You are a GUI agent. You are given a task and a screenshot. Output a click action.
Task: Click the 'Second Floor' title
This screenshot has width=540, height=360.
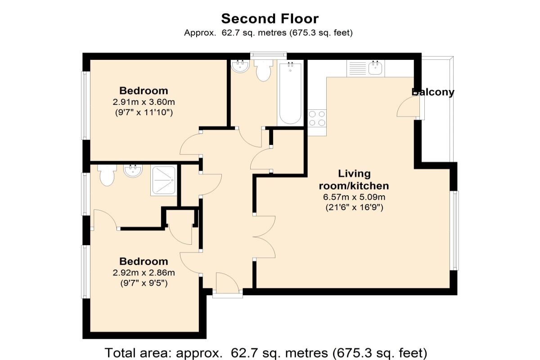point(270,19)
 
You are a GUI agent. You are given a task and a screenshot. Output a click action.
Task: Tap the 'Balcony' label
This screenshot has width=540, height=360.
point(433,92)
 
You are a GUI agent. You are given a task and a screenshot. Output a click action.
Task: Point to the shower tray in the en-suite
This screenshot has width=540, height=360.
point(164,180)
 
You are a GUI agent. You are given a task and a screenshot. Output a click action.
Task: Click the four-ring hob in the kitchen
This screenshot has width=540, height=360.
point(317,118)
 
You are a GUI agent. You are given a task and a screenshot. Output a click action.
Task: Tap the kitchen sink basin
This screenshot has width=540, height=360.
point(375,68)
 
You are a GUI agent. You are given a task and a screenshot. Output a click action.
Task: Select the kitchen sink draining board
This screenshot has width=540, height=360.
point(358,68)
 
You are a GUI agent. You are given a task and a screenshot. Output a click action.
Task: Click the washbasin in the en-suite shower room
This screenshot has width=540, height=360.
point(133,170)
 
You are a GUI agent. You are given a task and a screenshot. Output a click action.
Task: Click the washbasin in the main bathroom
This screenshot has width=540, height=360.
point(240,66)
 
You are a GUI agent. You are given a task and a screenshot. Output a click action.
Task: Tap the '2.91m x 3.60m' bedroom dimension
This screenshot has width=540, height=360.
point(144,102)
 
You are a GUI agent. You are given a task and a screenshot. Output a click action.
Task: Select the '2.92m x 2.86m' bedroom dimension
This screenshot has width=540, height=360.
point(144,273)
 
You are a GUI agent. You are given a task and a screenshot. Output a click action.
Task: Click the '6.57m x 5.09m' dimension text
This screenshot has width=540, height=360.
point(354,197)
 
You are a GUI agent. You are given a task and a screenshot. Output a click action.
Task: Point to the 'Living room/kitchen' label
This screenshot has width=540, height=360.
point(354,180)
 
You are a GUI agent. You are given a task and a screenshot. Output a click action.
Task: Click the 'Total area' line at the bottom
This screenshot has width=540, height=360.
point(266,353)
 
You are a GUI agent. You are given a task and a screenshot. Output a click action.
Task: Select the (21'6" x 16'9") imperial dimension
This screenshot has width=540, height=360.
point(354,207)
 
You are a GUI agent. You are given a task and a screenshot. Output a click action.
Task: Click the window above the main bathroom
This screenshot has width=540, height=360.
point(268,55)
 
